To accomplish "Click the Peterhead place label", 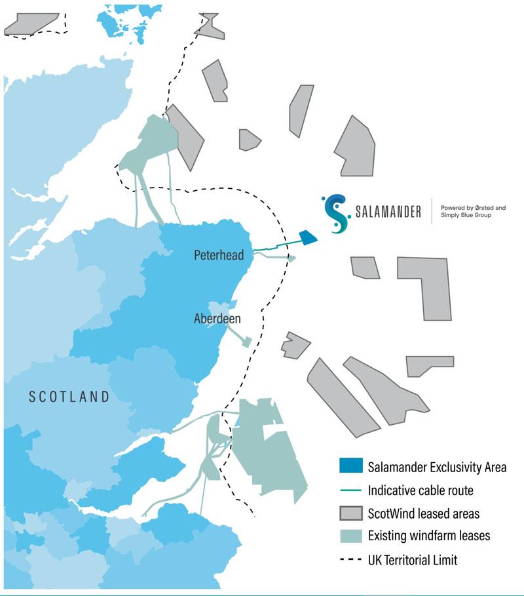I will coord(218,255).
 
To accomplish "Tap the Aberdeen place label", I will coord(217,319).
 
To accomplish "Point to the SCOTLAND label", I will coord(69,396).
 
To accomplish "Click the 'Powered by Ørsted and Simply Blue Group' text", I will coord(473,211).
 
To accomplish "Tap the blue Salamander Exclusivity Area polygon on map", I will coord(307,238).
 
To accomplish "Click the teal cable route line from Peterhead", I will coord(275,247).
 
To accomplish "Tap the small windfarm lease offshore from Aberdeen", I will coord(247,342).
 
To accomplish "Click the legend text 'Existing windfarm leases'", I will coord(429,535).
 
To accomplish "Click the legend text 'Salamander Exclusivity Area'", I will coord(437,467).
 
